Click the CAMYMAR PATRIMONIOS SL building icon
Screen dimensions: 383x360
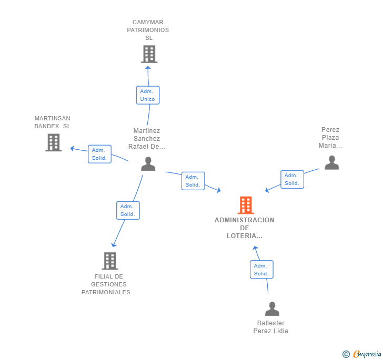tap(149, 54)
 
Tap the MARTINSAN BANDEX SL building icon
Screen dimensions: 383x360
tap(54, 142)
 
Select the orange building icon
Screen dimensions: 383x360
tap(246, 205)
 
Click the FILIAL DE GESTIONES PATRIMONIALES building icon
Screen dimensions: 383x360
tap(110, 261)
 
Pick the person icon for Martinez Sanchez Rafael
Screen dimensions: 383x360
tap(148, 164)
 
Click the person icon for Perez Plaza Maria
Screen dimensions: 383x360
tap(331, 162)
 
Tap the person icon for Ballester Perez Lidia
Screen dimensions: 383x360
tap(272, 308)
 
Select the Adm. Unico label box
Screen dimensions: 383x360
tap(148, 95)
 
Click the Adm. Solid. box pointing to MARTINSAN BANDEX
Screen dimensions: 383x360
tap(99, 154)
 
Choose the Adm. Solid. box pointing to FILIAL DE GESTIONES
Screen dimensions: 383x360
tap(128, 210)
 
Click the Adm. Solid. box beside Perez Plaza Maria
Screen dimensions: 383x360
tap(293, 179)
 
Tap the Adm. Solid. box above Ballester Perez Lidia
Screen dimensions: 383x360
tap(261, 270)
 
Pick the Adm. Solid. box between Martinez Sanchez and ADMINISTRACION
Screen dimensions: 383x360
tap(193, 181)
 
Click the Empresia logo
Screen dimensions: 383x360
tap(367, 354)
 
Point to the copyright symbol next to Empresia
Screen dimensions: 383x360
tap(346, 354)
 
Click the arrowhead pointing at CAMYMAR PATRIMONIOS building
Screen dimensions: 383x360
tap(148, 68)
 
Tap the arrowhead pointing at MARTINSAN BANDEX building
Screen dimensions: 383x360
tap(72, 148)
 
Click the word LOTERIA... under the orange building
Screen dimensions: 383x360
tap(245, 236)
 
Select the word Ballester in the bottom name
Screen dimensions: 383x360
tap(270, 323)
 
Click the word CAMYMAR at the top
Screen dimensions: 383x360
tap(148, 22)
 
